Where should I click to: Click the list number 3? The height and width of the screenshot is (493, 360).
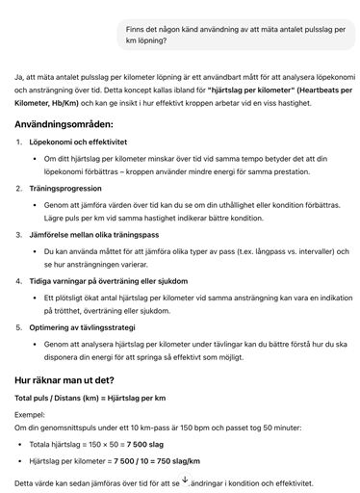point(20,234)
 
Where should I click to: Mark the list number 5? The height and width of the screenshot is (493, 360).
point(20,327)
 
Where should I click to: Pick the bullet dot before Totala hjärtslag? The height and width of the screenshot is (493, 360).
point(21,445)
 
